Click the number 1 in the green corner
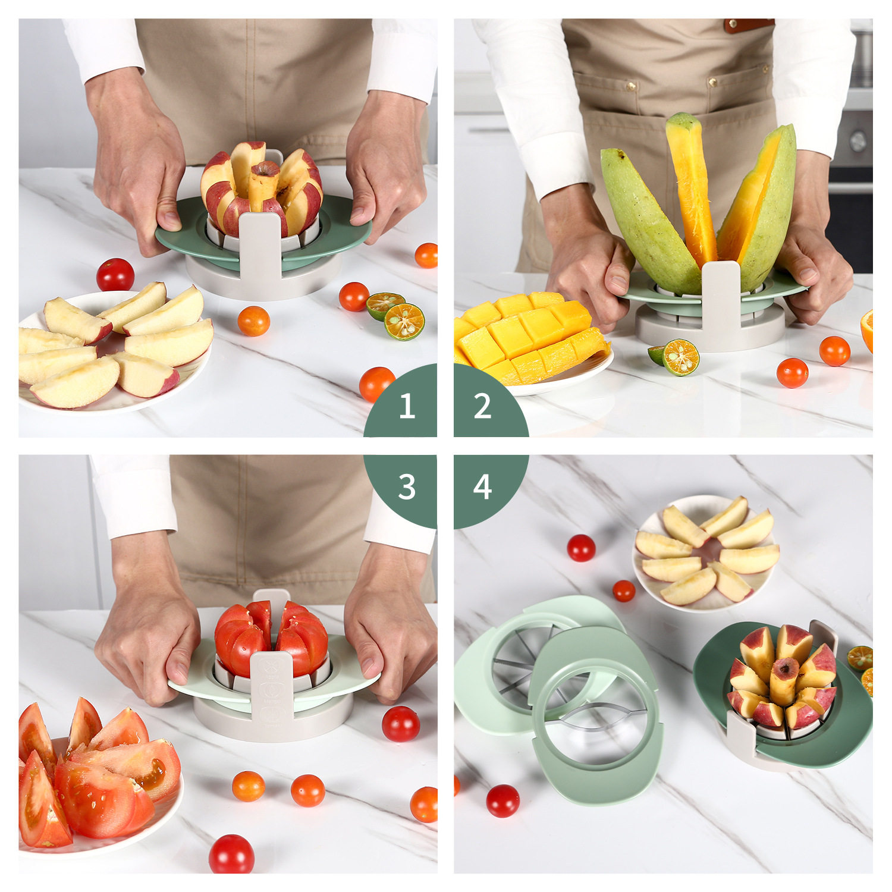(x=407, y=406)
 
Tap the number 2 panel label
(x=483, y=406)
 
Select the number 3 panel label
(x=407, y=487)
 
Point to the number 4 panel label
(x=482, y=487)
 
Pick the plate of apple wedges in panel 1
(x=113, y=351)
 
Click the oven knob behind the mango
(x=858, y=140)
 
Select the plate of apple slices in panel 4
(x=706, y=553)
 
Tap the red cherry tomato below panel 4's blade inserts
(x=503, y=800)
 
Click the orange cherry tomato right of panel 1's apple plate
(x=254, y=321)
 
